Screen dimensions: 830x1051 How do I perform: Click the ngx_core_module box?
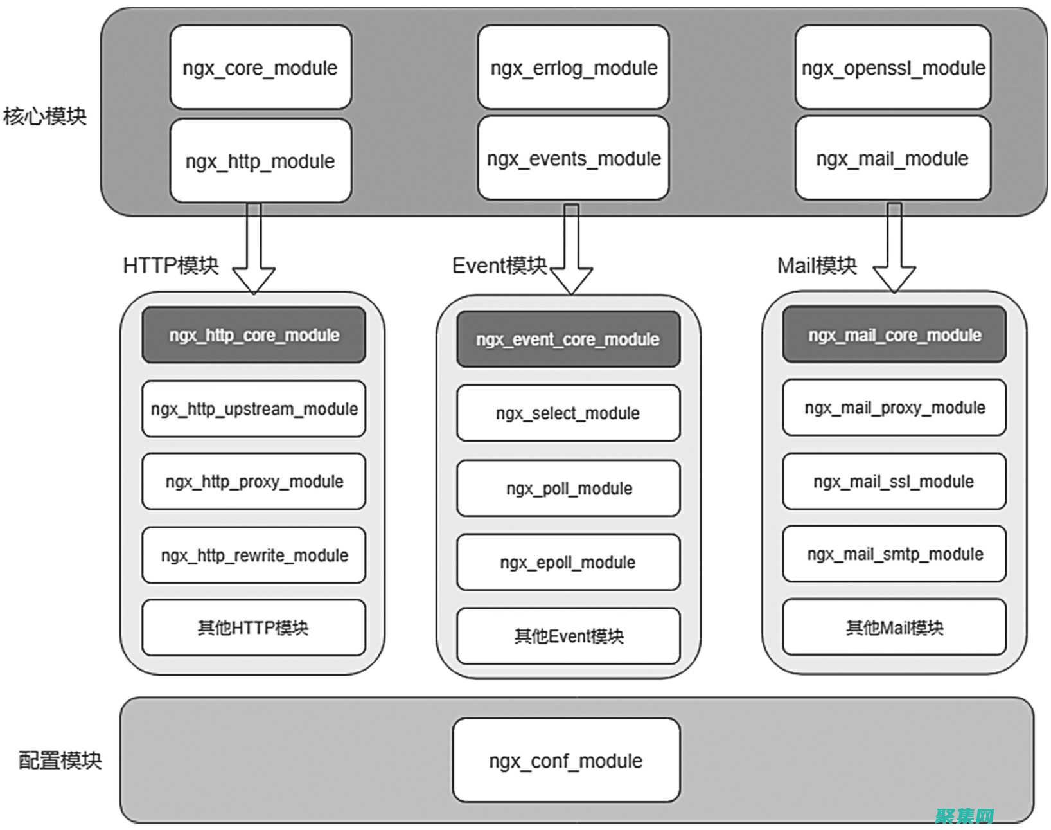coord(260,68)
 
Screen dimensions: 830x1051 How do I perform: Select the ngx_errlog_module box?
coord(573,68)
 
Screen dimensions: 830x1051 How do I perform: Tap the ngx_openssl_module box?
coord(892,68)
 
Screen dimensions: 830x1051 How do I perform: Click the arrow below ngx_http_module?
coord(254,251)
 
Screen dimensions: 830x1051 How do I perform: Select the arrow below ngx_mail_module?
coord(894,251)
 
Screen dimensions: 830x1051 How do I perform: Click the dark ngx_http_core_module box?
coord(254,335)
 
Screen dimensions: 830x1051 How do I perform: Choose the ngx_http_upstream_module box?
coord(254,409)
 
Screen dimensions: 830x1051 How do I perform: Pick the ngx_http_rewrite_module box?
coord(254,555)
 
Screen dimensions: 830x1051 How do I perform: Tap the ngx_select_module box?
coord(568,413)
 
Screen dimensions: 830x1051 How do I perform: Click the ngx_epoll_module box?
coord(568,562)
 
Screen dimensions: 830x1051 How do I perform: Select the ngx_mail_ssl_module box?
coord(894,481)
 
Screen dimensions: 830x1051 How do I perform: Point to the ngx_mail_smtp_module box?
coord(894,554)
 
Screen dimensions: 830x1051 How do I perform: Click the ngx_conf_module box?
coord(566,761)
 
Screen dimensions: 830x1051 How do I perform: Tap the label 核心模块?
coord(44,116)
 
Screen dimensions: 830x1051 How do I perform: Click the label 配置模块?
coord(60,760)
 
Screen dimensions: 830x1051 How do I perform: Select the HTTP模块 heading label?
coord(171,265)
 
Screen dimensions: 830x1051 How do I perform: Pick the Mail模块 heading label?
coord(817,265)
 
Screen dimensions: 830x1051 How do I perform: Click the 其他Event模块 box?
coord(568,636)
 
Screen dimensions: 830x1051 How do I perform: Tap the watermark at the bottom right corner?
coord(965,816)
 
